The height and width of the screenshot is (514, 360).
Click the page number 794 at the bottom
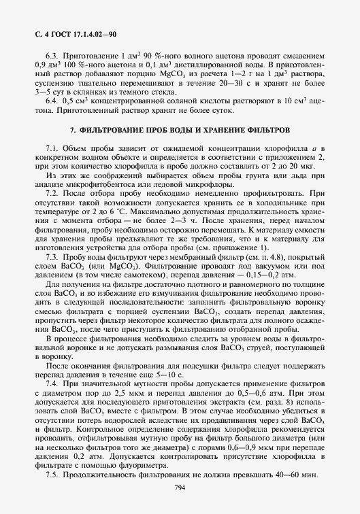(180, 486)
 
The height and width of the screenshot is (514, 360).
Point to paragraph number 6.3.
(51, 56)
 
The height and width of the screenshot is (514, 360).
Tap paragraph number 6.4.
(51, 101)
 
